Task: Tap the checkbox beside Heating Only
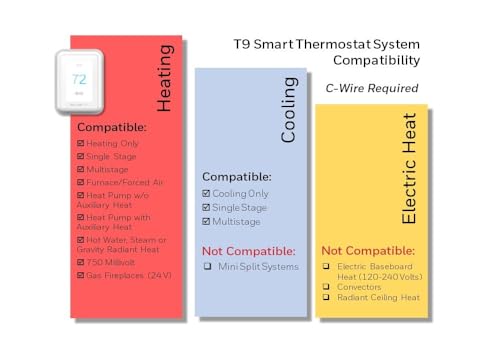80,142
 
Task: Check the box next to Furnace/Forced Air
80,183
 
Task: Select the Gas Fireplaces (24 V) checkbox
80,273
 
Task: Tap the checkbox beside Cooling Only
206,193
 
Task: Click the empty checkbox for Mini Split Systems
207,266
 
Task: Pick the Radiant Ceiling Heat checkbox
326,297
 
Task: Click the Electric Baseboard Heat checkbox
326,265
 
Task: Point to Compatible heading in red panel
112,127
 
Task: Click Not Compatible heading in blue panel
249,250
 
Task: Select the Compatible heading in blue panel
237,176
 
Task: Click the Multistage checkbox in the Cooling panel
206,220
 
